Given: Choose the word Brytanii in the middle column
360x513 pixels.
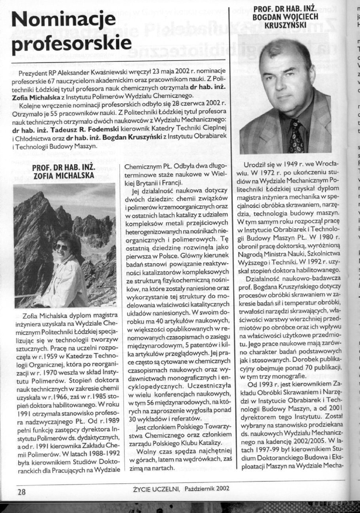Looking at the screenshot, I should [146, 183].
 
